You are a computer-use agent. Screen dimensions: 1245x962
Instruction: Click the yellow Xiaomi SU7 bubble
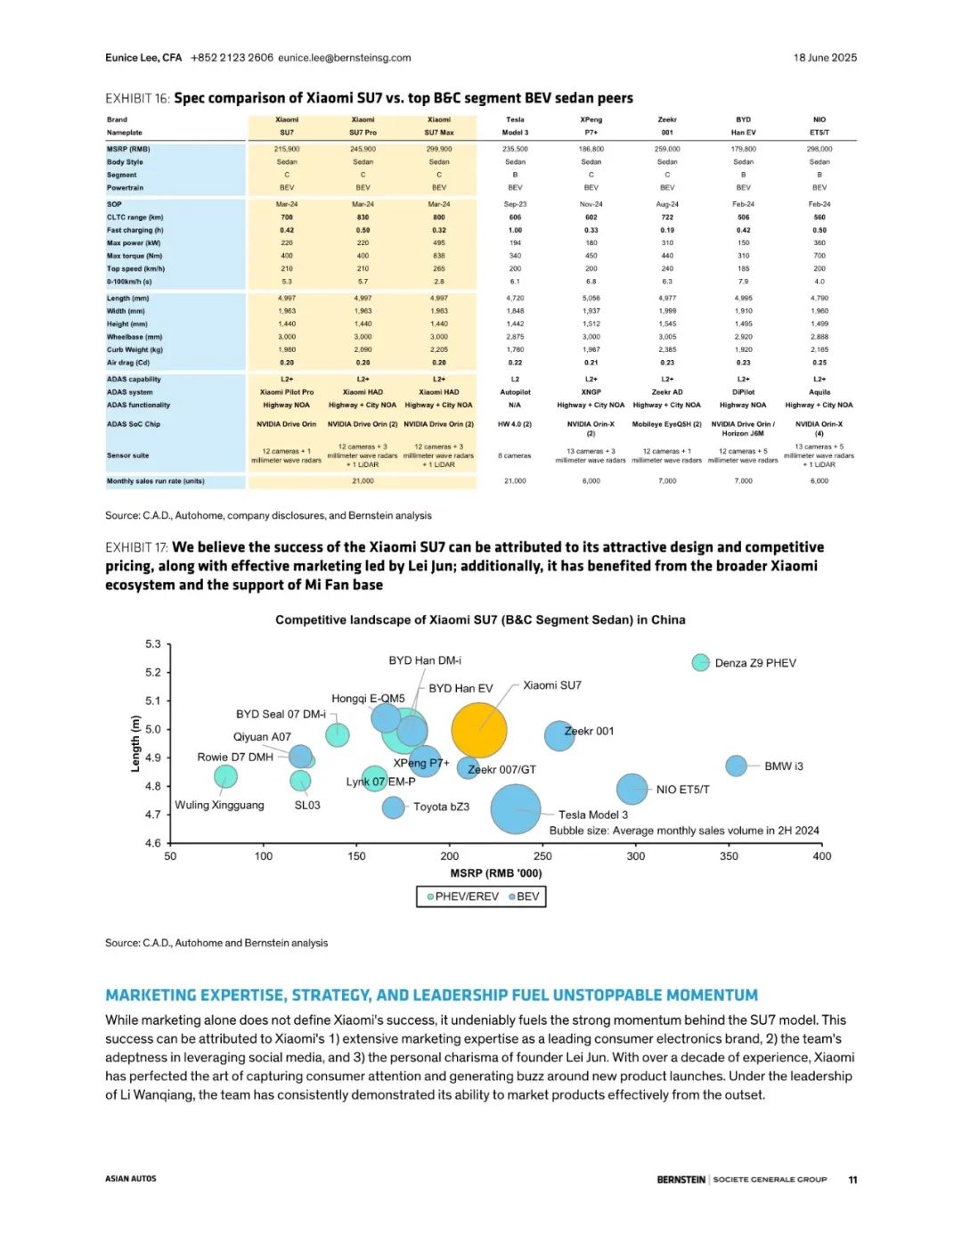click(479, 730)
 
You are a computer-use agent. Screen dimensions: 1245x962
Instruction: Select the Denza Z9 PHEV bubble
click(701, 662)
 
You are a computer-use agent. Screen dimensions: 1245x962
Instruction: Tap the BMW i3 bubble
click(736, 766)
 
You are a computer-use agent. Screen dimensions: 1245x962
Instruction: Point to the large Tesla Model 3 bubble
click(516, 808)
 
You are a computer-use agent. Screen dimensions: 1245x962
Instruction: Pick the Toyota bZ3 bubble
click(393, 807)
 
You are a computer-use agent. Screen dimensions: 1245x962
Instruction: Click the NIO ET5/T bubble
click(632, 789)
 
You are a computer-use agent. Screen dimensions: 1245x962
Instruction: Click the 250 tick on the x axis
click(542, 856)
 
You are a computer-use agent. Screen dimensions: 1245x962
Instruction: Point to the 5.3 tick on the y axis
click(153, 644)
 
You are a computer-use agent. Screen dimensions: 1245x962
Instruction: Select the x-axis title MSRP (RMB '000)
click(495, 873)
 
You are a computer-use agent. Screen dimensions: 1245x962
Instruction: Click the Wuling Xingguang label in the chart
click(219, 805)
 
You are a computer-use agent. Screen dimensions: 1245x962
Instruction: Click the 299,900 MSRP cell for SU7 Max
click(439, 149)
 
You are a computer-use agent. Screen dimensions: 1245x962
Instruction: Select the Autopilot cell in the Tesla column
click(515, 392)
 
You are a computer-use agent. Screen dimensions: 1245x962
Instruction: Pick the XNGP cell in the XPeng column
click(591, 392)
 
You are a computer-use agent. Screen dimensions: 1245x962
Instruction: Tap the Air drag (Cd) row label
click(128, 363)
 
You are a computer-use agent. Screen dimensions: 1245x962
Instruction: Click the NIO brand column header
click(819, 119)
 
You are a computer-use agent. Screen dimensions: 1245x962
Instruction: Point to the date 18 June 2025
click(825, 58)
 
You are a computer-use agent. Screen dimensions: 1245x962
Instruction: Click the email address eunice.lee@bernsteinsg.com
click(345, 58)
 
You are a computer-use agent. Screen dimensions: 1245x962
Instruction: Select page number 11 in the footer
click(852, 1179)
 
